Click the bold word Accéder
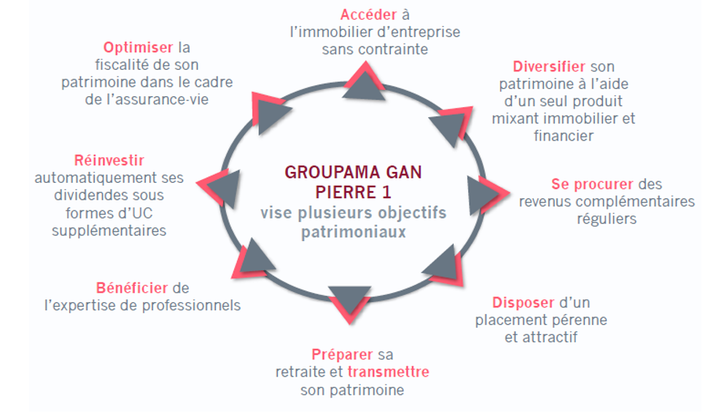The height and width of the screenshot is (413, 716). tap(368, 15)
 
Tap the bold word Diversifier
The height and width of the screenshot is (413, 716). tap(548, 67)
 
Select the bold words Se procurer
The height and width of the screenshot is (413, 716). tap(591, 184)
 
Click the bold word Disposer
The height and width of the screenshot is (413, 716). tap(523, 302)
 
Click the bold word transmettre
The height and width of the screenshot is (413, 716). tap(388, 372)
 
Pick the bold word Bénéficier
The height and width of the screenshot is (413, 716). tap(131, 288)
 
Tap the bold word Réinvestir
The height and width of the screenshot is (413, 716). tap(109, 160)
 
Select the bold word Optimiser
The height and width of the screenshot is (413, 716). tap(139, 47)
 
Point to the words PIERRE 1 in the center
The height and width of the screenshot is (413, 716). tap(354, 193)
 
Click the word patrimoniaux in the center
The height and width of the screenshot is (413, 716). tap(354, 232)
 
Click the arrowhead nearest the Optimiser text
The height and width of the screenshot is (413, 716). tap(269, 110)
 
